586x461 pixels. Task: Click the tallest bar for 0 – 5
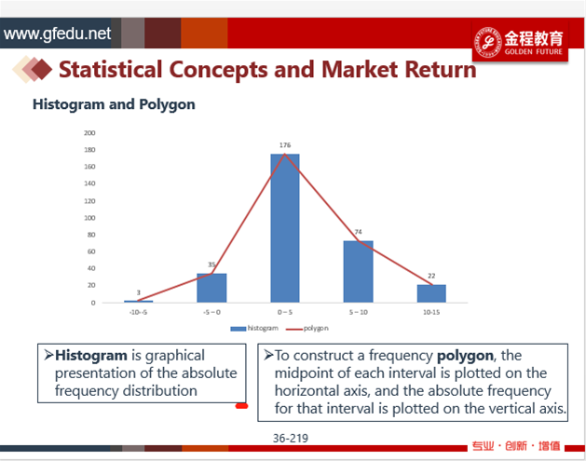285,228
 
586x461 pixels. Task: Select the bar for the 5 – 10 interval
358,271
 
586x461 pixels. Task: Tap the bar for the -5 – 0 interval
211,288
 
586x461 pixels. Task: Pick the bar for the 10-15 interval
431,293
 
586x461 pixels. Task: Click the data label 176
285,145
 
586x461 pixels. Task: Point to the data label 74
358,232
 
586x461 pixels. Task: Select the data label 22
431,276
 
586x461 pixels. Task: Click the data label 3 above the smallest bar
138,292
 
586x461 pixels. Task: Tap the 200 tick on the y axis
89,132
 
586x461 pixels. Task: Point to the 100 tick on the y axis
89,218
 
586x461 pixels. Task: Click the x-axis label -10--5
138,312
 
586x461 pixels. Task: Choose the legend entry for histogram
254,329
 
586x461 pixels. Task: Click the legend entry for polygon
307,329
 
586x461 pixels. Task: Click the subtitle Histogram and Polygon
114,104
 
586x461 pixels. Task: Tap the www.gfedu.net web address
57,34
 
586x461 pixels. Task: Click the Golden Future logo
520,42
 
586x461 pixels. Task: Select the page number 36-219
291,439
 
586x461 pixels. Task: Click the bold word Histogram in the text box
91,355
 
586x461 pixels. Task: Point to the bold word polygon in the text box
465,356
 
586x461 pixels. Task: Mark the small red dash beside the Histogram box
241,406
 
